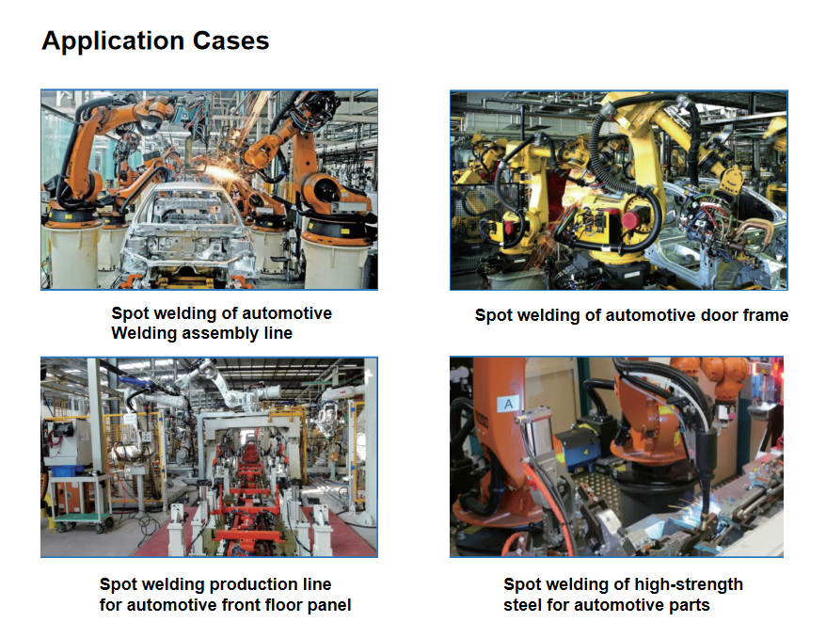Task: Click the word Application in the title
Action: coord(113,41)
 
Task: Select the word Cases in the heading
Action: coord(230,40)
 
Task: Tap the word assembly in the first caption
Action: coord(222,333)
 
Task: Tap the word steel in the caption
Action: coord(522,605)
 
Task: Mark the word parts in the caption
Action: coord(689,605)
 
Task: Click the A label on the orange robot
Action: coord(508,404)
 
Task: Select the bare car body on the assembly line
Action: coord(185,231)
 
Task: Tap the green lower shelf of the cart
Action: coord(82,518)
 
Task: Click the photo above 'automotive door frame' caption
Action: coord(618,190)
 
